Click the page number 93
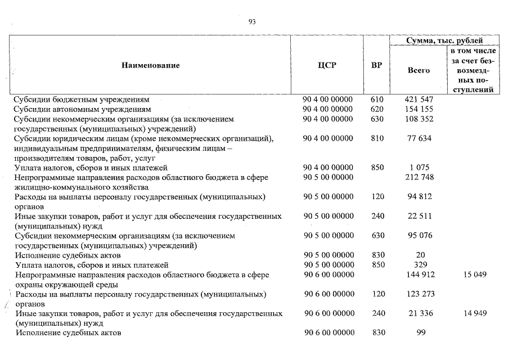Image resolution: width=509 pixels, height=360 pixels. [x=252, y=22]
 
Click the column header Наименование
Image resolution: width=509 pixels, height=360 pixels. [x=150, y=65]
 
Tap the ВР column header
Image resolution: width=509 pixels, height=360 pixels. [x=377, y=65]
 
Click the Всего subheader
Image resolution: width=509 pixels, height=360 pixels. [x=418, y=70]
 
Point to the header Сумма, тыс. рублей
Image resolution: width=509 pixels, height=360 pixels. [x=444, y=40]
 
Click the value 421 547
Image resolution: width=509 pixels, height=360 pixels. [x=418, y=99]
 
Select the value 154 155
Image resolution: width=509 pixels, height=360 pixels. [x=418, y=109]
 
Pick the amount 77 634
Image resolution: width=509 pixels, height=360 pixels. [x=418, y=138]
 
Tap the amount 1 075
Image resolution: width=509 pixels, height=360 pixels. [x=418, y=168]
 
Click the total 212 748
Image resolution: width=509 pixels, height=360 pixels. [x=418, y=178]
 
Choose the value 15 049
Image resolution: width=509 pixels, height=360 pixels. [x=475, y=274]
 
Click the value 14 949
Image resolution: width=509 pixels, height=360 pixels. [x=475, y=313]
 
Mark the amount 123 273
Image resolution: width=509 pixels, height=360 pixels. [x=418, y=294]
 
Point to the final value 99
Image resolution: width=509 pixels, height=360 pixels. [x=418, y=332]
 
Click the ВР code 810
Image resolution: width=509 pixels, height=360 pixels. [x=377, y=138]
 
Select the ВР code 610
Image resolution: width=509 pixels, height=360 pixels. [x=377, y=99]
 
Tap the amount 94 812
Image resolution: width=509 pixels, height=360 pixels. [x=418, y=197]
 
